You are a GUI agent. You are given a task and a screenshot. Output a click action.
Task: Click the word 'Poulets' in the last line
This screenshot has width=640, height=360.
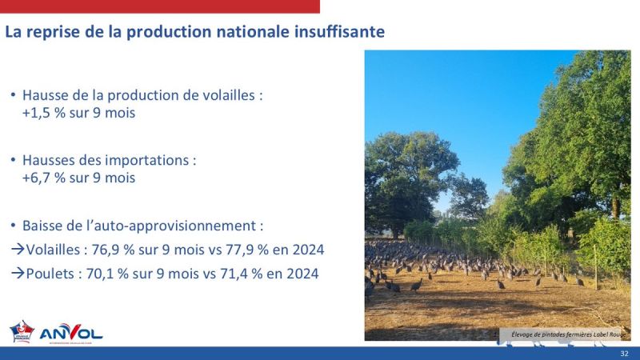50,274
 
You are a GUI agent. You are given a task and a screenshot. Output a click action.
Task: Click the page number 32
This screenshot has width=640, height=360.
624,353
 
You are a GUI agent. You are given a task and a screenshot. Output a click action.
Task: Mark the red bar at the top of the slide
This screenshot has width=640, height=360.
160,6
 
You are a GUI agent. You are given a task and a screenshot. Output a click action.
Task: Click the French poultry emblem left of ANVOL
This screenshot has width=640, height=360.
22,331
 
